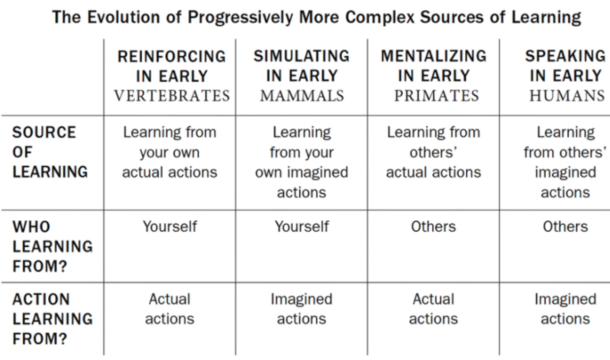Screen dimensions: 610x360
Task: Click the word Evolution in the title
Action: pyautogui.click(x=124, y=17)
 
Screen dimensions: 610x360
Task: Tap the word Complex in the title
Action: pyautogui.click(x=380, y=18)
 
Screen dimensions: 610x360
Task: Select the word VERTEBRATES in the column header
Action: pyautogui.click(x=172, y=96)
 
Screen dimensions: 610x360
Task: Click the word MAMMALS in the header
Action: pyautogui.click(x=302, y=96)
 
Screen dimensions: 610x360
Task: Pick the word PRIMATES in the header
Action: pyautogui.click(x=437, y=96)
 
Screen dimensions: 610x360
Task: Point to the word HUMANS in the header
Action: pyautogui.click(x=567, y=96)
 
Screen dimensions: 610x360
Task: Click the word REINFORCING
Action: pyautogui.click(x=172, y=56)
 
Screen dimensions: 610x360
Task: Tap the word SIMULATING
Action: pyautogui.click(x=301, y=56)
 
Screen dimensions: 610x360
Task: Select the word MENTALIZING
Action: pyautogui.click(x=434, y=56)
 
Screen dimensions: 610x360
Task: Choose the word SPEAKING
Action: pyautogui.click(x=565, y=56)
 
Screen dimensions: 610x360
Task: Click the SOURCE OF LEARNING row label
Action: pyautogui.click(x=50, y=152)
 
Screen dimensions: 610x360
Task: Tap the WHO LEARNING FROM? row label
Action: pyautogui.click(x=52, y=247)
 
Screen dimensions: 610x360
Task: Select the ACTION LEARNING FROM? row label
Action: pyautogui.click(x=52, y=319)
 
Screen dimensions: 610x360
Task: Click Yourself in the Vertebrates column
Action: pyautogui.click(x=170, y=227)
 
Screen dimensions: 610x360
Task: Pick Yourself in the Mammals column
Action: pyautogui.click(x=302, y=227)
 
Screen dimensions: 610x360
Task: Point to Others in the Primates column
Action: pyautogui.click(x=434, y=227)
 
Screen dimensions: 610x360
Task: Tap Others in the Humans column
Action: pyautogui.click(x=565, y=227)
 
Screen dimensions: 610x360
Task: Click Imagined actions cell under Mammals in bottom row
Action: pyautogui.click(x=301, y=309)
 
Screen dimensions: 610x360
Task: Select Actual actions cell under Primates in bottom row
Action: pyautogui.click(x=434, y=309)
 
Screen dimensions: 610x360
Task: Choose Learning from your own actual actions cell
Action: pyautogui.click(x=170, y=152)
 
